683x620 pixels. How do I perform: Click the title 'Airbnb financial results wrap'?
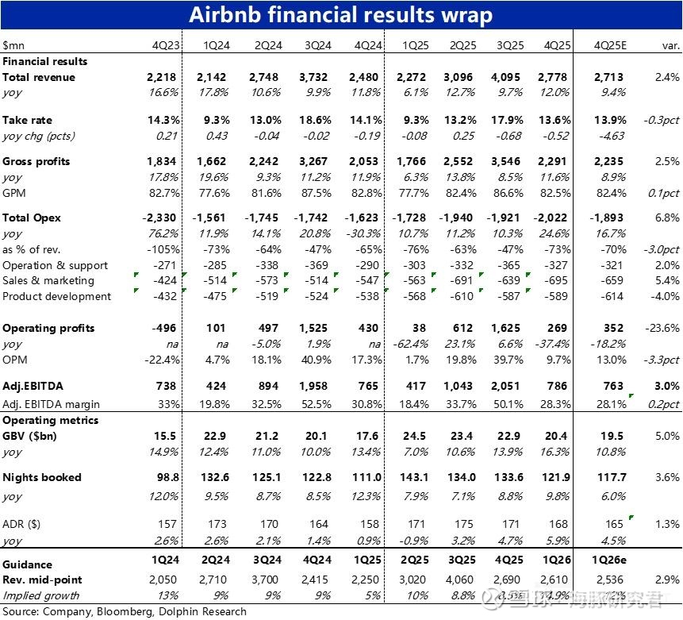(x=341, y=15)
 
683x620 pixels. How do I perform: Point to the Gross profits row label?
(x=36, y=161)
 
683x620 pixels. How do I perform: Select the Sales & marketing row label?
(x=48, y=280)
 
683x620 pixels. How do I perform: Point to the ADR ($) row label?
(x=22, y=525)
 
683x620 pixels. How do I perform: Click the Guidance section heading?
(x=28, y=564)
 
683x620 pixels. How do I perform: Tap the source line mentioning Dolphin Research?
(x=124, y=611)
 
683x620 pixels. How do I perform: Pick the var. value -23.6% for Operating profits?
(x=662, y=328)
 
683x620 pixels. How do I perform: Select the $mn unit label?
(x=13, y=45)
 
